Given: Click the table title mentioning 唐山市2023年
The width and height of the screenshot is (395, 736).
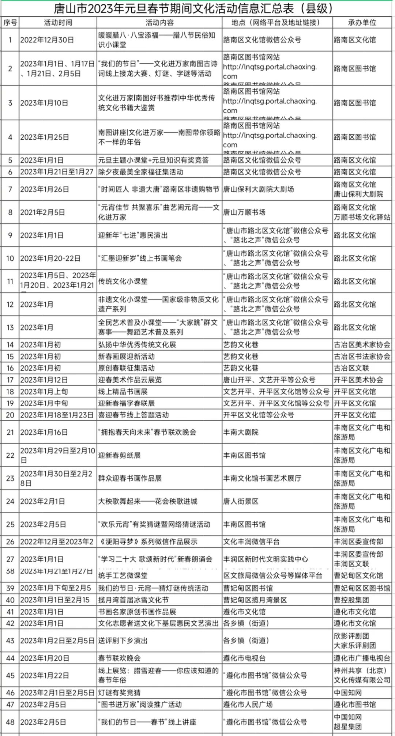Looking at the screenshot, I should (x=194, y=8).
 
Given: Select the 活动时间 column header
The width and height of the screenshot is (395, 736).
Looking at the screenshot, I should (x=58, y=23).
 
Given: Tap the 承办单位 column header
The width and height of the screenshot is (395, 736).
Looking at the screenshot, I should (x=362, y=23).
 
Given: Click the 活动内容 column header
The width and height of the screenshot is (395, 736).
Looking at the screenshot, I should (x=159, y=23).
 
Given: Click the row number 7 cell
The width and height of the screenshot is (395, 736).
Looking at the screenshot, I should (x=10, y=189).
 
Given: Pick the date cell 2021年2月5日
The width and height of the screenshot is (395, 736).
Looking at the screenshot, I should (x=42, y=212).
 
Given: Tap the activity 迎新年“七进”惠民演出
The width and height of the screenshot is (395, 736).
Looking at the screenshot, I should (x=133, y=235).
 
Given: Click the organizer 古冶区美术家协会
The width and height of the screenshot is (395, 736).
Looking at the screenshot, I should (x=362, y=345).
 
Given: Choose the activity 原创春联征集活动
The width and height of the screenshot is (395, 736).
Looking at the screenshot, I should (x=126, y=368).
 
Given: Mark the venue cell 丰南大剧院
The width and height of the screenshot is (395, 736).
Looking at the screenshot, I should (x=241, y=432).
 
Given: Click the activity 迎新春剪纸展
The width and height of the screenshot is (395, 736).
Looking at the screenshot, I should (x=120, y=455).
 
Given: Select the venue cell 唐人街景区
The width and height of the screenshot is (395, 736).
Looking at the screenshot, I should (x=241, y=501).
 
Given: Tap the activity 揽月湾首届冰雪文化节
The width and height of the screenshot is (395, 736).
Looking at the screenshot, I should (x=133, y=600).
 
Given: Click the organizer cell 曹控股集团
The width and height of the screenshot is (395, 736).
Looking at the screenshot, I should (x=351, y=600).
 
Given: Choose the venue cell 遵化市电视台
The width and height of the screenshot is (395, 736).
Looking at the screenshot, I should (x=244, y=658).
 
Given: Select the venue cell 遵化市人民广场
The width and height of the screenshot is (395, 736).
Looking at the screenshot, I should (x=248, y=705).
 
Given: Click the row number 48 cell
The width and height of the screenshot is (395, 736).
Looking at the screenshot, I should (x=10, y=722).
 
